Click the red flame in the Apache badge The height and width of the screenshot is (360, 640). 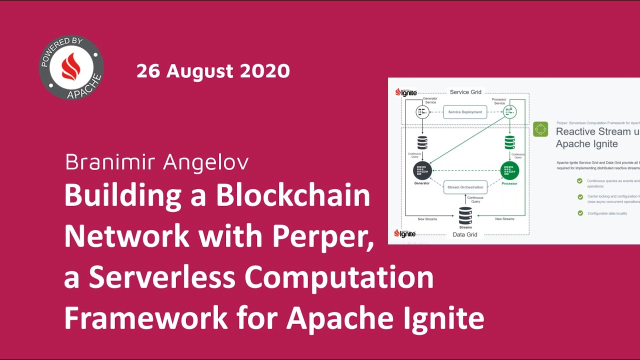click(x=71, y=66)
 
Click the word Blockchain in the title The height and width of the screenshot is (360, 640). click(x=293, y=196)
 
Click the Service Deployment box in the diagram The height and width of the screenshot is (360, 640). click(x=465, y=112)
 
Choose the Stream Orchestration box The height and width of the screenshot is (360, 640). click(x=465, y=187)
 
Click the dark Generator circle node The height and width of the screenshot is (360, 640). click(x=422, y=170)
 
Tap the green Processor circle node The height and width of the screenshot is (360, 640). click(x=509, y=170)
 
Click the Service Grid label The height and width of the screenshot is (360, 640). click(x=465, y=92)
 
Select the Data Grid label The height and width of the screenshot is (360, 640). click(x=465, y=234)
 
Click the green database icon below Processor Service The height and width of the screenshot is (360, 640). click(x=509, y=142)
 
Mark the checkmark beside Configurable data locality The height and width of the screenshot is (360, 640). click(x=580, y=213)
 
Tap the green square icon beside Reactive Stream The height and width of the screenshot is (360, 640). click(x=540, y=129)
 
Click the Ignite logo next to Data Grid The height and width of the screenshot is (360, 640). click(x=405, y=233)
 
